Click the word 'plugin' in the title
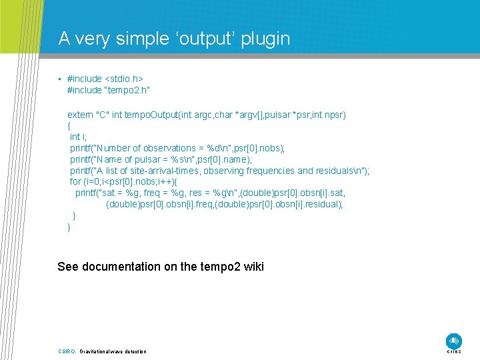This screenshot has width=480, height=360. click(265, 39)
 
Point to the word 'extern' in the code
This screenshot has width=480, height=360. click(81, 115)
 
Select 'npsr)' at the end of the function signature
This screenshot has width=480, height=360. click(333, 115)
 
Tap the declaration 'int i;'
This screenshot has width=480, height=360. click(79, 137)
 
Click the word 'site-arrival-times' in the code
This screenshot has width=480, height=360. click(169, 171)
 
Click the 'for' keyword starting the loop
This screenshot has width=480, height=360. click(75, 182)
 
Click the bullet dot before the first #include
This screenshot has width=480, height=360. click(59, 79)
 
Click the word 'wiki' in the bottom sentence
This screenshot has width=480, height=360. click(254, 267)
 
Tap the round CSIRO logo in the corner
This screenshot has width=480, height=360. click(454, 340)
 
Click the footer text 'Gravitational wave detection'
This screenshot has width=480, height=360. click(113, 351)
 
